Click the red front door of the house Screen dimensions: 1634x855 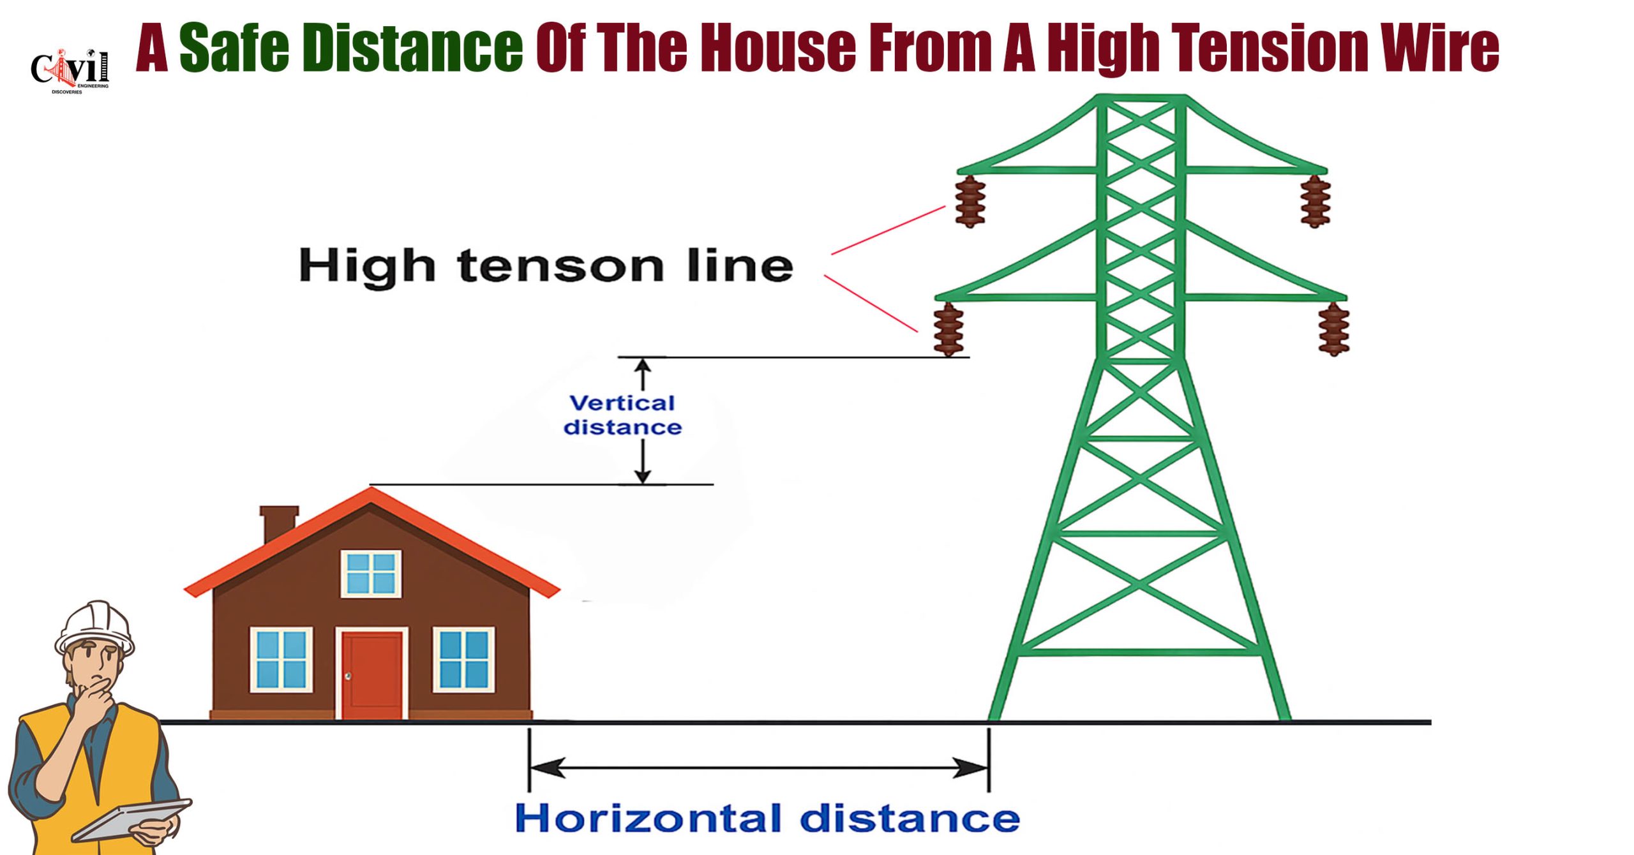[x=372, y=674]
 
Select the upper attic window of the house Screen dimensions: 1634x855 [x=371, y=574]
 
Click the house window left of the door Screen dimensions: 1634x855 [x=281, y=659]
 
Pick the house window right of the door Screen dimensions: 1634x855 [x=464, y=659]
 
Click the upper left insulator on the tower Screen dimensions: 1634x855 [x=970, y=201]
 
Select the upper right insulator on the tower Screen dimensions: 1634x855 [x=1315, y=201]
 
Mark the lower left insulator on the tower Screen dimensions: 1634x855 [x=948, y=329]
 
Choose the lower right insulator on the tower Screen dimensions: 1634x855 [x=1334, y=329]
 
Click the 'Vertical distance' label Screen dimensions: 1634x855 [x=622, y=415]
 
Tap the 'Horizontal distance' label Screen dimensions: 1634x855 [x=767, y=818]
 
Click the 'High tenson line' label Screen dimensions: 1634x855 [x=546, y=265]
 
